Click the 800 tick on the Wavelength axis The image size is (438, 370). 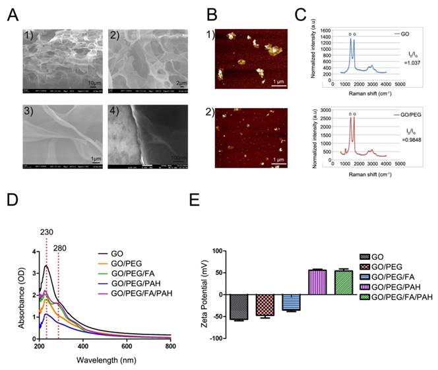point(170,345)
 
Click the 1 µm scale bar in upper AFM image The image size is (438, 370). point(278,82)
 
